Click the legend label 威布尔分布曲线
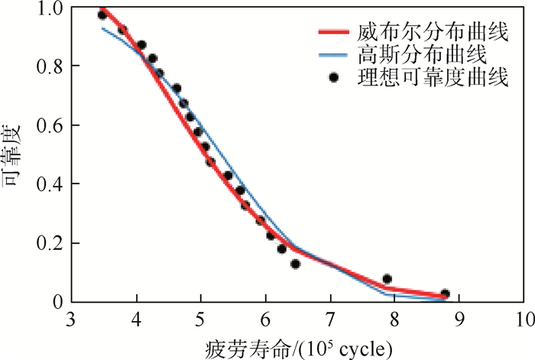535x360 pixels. pos(433,33)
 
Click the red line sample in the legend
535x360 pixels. pos(334,33)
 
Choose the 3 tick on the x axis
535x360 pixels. pos(72,316)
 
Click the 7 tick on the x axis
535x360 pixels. pos(330,316)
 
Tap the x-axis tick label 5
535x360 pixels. pos(201,316)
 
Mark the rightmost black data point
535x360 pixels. pos(445,294)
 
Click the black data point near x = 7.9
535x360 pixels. pos(387,279)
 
